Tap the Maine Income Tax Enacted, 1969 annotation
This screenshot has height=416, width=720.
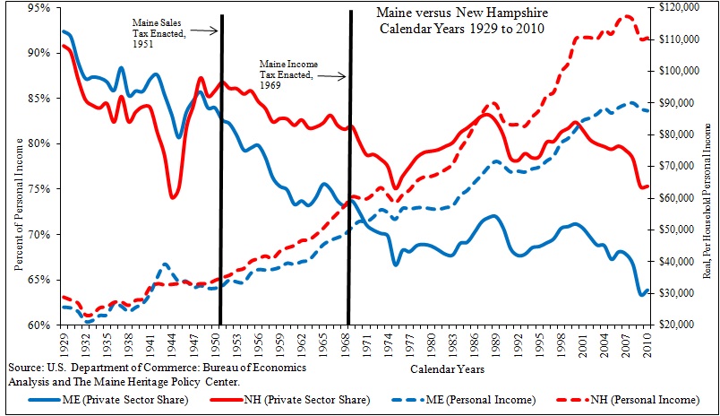point(287,70)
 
